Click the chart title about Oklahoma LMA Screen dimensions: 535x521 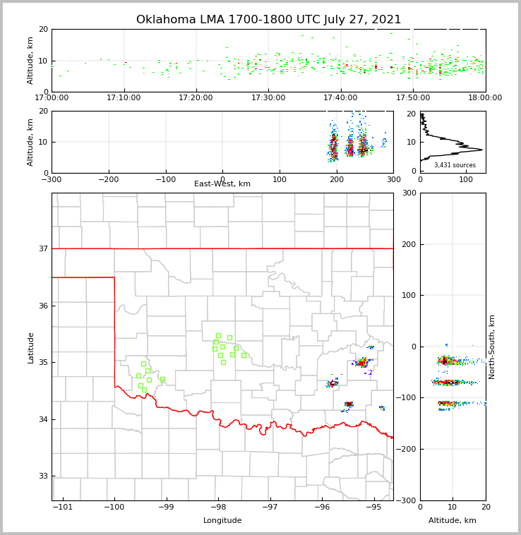pyautogui.click(x=268, y=20)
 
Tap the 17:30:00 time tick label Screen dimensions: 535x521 pyautogui.click(x=269, y=98)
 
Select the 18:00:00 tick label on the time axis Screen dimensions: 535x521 pyautogui.click(x=485, y=98)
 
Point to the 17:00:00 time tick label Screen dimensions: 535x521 pyautogui.click(x=52, y=98)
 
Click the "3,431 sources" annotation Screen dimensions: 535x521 pyautogui.click(x=455, y=165)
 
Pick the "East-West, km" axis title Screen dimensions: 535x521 pyautogui.click(x=222, y=184)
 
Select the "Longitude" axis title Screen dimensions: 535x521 pyautogui.click(x=222, y=521)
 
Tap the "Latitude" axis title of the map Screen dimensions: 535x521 pyautogui.click(x=30, y=347)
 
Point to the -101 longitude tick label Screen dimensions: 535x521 pyautogui.click(x=63, y=507)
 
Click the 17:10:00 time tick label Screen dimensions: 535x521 pyautogui.click(x=124, y=98)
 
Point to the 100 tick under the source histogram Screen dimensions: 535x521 pyautogui.click(x=466, y=180)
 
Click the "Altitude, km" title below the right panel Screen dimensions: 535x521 pyautogui.click(x=453, y=521)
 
